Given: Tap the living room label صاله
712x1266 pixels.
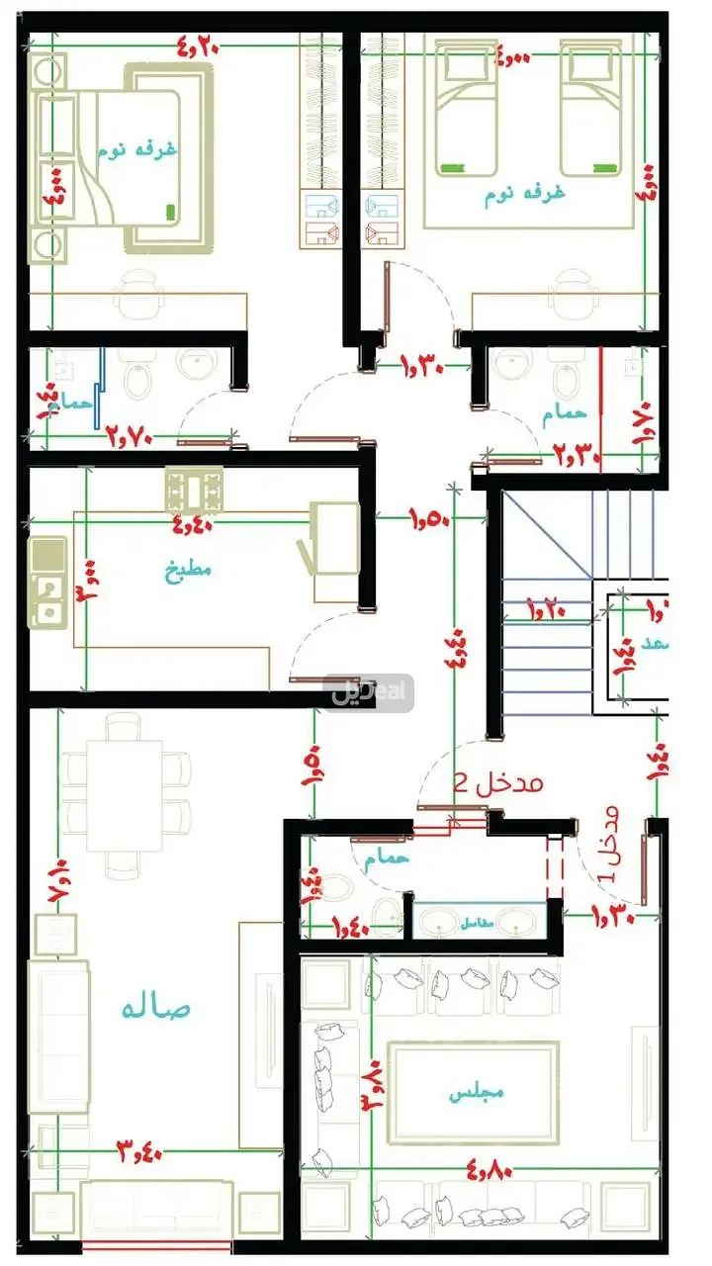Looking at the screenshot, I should tap(155, 1008).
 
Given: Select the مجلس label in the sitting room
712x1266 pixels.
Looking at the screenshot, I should tap(477, 1093).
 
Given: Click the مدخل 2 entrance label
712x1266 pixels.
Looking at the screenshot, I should tap(498, 783).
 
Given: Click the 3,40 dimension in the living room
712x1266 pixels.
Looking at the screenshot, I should tap(139, 1150).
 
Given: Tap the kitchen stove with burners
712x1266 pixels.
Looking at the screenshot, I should tap(194, 488).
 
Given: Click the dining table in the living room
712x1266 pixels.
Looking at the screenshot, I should tap(125, 796).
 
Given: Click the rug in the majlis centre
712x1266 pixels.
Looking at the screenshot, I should tap(473, 1091).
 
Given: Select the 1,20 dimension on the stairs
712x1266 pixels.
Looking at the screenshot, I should tap(546, 604).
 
